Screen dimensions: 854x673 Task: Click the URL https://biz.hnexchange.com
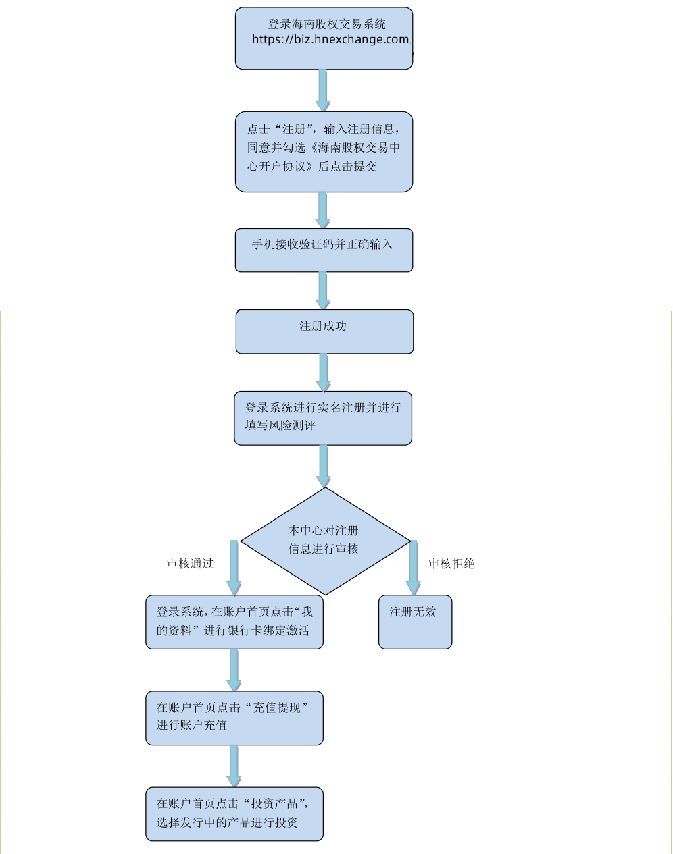coord(330,40)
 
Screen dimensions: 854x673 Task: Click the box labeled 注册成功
coord(324,331)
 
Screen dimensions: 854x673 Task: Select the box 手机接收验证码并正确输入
coord(324,250)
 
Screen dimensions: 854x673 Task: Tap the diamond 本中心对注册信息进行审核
coord(325,541)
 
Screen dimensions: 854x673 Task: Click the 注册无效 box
coord(415,622)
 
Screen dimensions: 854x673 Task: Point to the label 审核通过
coord(190,564)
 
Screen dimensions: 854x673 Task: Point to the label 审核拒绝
coord(451,564)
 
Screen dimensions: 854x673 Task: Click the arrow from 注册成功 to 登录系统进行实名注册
coord(324,372)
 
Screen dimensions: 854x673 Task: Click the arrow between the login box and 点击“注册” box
coord(323,90)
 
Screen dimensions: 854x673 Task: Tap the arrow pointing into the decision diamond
coord(324,466)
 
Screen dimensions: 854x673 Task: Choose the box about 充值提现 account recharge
coord(234,718)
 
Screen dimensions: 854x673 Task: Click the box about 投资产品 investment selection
coord(234,813)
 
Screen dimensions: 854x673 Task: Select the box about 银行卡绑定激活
coord(234,622)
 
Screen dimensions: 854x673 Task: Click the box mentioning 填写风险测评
coord(323,418)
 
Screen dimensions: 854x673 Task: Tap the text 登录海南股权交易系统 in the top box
coord(327,24)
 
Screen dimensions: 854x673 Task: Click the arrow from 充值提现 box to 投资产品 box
coord(234,766)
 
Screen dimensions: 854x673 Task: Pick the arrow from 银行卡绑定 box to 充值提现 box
coord(234,670)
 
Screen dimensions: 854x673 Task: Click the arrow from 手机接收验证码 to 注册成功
coord(323,290)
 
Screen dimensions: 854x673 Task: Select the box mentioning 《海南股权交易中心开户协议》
coord(324,152)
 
